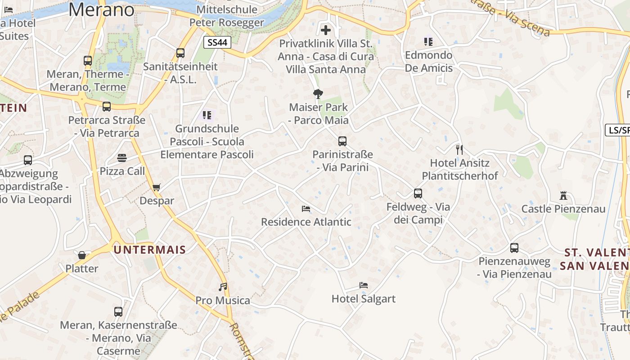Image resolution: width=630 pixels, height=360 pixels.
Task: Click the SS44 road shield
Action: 218,43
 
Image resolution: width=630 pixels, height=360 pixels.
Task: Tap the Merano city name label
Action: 102,9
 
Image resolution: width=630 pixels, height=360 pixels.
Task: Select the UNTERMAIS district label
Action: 150,250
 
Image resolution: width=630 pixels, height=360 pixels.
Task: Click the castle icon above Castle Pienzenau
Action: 563,196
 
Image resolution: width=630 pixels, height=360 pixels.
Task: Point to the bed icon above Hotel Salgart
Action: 364,285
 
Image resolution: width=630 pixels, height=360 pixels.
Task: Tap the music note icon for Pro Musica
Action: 223,287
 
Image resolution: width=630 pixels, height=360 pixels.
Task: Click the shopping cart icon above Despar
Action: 157,187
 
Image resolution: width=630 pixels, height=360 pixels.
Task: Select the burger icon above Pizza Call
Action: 122,158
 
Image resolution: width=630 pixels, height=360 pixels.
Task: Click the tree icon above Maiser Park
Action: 318,94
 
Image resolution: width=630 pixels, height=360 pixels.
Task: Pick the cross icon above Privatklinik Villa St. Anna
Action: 326,30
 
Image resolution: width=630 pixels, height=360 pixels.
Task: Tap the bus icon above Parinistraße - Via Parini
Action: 342,141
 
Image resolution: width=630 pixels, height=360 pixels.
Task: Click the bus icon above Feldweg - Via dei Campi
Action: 418,193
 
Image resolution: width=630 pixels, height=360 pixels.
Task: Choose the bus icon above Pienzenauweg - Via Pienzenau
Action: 514,248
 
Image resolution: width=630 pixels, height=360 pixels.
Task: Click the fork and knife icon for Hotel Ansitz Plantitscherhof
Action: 459,149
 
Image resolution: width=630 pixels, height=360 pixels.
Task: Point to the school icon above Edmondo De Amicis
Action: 428,42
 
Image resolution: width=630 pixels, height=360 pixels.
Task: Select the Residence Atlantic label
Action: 306,222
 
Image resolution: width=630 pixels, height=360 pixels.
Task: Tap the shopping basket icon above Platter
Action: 82,255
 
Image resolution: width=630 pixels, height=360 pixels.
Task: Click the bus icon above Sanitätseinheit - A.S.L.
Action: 180,53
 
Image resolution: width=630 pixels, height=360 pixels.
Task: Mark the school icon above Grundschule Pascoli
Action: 207,115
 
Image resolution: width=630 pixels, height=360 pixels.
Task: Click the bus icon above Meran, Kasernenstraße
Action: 118,311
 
